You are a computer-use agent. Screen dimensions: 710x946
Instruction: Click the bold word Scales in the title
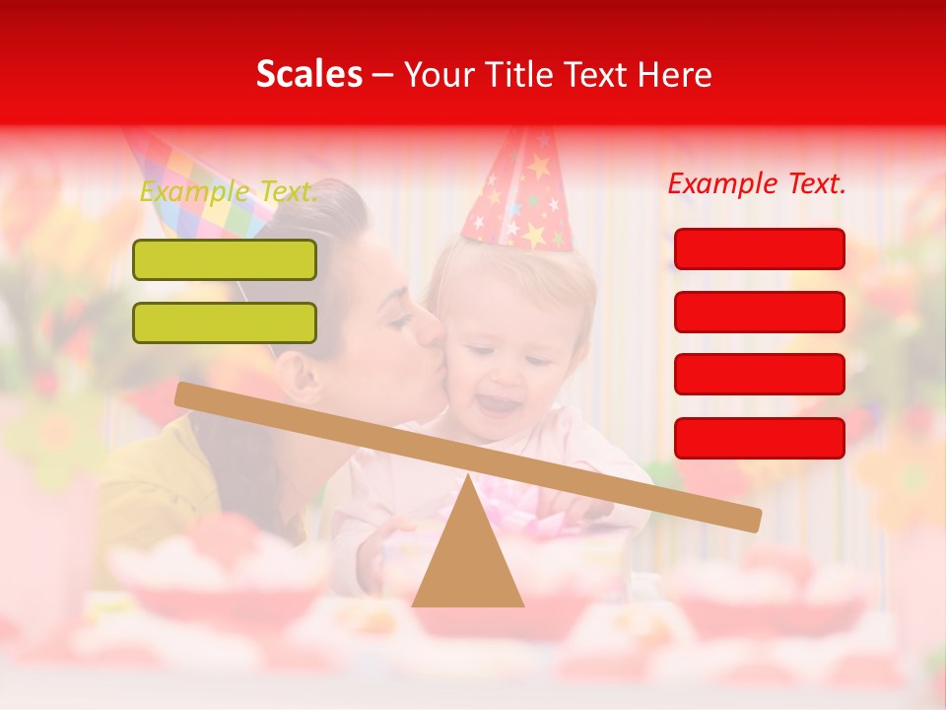308,75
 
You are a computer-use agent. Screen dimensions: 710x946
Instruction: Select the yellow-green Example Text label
229,191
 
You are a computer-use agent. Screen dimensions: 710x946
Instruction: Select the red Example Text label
757,183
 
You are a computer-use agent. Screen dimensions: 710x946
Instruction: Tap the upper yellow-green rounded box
225,259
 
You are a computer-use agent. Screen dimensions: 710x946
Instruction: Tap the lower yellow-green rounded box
225,322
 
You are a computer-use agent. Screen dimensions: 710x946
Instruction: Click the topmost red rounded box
759,248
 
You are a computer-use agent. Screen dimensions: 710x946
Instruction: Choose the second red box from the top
759,312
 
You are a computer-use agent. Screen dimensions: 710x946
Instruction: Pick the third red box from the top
759,375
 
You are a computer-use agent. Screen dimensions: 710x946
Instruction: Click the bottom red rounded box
759,438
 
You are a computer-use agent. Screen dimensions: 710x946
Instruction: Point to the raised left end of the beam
187,394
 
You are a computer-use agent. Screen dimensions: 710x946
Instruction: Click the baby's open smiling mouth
499,404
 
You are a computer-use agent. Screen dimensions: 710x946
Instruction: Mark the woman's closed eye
399,320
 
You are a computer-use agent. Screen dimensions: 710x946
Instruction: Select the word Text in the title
595,75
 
